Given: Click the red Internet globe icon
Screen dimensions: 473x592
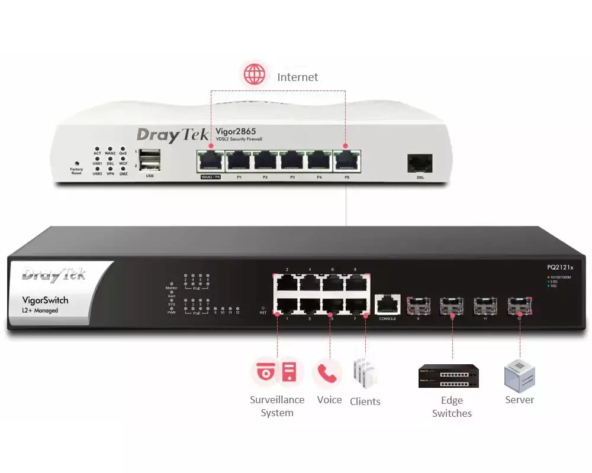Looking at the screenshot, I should click(x=255, y=75).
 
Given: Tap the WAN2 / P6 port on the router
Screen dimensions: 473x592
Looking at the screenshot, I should click(x=210, y=160).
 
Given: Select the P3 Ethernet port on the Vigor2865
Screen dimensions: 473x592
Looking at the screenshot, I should click(x=292, y=160).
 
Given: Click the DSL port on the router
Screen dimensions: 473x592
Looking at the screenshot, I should click(x=420, y=163).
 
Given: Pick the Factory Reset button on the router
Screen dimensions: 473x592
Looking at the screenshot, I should click(x=76, y=163).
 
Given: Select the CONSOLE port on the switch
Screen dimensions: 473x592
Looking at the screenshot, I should click(x=387, y=304).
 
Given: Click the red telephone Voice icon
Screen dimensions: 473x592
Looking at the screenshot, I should click(x=327, y=372).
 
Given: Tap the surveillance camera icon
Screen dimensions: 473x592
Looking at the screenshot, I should click(x=264, y=372).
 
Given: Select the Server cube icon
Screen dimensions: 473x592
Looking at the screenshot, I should click(x=519, y=375).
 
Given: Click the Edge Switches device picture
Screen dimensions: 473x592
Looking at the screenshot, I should click(x=449, y=376).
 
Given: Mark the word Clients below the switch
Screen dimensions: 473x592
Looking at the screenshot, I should click(x=365, y=401).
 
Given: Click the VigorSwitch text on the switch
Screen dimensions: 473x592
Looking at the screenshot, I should click(x=45, y=300).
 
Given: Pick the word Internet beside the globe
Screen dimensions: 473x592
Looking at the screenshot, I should click(x=297, y=77).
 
